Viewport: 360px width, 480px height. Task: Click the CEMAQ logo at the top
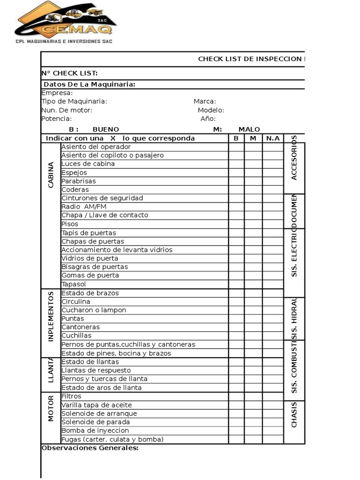[x=65, y=22]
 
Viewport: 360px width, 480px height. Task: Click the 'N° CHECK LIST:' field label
[x=69, y=73]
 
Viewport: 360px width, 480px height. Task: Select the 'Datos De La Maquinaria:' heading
[x=90, y=84]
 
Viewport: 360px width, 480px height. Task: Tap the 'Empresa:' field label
[x=57, y=93]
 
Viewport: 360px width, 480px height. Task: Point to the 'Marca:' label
[x=204, y=101]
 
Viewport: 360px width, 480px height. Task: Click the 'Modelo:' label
[x=210, y=110]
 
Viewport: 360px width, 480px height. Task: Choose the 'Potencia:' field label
[x=57, y=119]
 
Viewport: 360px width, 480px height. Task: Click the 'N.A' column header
[x=272, y=138]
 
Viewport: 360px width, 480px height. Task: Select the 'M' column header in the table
[x=253, y=138]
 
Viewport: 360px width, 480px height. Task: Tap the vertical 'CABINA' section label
[x=51, y=175]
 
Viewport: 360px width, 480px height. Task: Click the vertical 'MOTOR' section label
[x=51, y=408]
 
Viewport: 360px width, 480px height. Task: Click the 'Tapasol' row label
[x=74, y=284]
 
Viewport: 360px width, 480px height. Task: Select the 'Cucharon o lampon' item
[x=94, y=310]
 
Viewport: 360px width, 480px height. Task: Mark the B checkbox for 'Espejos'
[x=236, y=172]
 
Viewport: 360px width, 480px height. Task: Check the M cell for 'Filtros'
[x=253, y=396]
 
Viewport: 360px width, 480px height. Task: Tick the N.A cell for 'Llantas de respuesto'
[x=272, y=370]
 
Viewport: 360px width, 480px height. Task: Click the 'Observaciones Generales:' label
[x=90, y=448]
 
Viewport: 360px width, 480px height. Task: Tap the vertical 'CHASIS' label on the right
[x=294, y=414]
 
